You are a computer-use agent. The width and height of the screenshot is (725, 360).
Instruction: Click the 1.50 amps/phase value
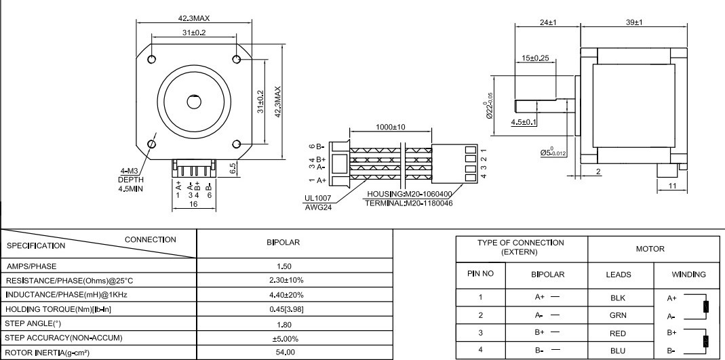pos(284,266)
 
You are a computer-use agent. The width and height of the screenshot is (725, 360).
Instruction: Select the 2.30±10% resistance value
pos(286,280)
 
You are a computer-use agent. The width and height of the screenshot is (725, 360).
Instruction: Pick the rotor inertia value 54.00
pos(286,352)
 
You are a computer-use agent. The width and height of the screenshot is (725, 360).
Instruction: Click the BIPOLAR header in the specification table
pos(283,242)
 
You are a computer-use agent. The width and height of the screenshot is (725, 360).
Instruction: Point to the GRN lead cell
pos(619,315)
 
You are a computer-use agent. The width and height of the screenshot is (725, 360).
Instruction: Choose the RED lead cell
pos(619,333)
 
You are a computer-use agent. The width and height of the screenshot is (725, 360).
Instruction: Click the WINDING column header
pos(688,275)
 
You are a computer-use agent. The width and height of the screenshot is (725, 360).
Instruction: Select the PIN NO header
pos(480,274)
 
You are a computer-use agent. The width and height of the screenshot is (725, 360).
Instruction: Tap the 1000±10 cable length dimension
pos(391,127)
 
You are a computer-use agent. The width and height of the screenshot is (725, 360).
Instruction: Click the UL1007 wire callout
pos(317,198)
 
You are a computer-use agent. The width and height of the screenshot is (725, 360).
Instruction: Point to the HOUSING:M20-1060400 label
pos(410,194)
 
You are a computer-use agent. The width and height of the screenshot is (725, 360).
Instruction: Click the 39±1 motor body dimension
pos(634,22)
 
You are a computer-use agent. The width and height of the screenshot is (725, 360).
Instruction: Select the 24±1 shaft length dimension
pos(548,22)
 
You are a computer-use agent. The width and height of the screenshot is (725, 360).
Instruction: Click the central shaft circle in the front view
pos(194,102)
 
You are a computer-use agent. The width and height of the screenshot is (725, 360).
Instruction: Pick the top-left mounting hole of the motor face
pos(151,59)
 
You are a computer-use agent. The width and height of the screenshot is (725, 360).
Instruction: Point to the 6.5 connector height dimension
pos(233,167)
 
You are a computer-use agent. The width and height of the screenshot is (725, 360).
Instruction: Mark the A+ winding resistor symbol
pos(706,307)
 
